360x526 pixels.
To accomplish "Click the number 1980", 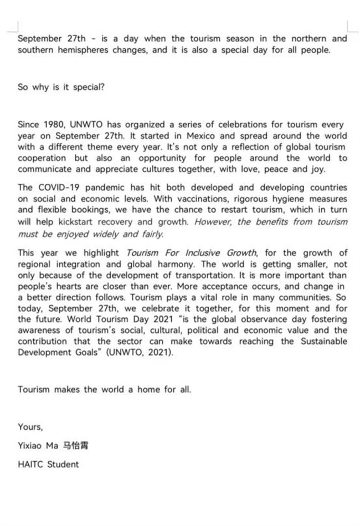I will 52,125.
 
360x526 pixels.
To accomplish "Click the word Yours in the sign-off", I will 29,427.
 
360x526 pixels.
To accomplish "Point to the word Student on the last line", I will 63,464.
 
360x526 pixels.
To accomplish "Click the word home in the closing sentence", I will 149,389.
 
